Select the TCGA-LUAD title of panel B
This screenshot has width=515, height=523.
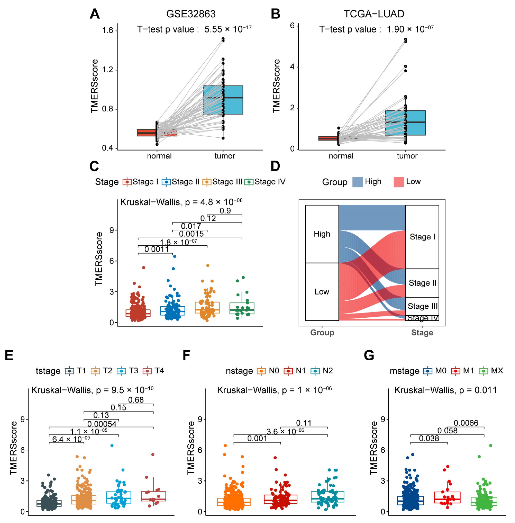[x=374, y=14]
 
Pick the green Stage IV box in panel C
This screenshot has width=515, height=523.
[x=242, y=308]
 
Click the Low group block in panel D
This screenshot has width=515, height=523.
[x=322, y=292]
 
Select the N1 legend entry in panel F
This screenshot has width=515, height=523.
[x=295, y=371]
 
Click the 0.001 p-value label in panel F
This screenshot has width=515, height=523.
[x=257, y=438]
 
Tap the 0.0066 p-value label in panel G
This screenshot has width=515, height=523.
[x=466, y=423]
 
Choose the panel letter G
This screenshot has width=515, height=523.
[x=369, y=355]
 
